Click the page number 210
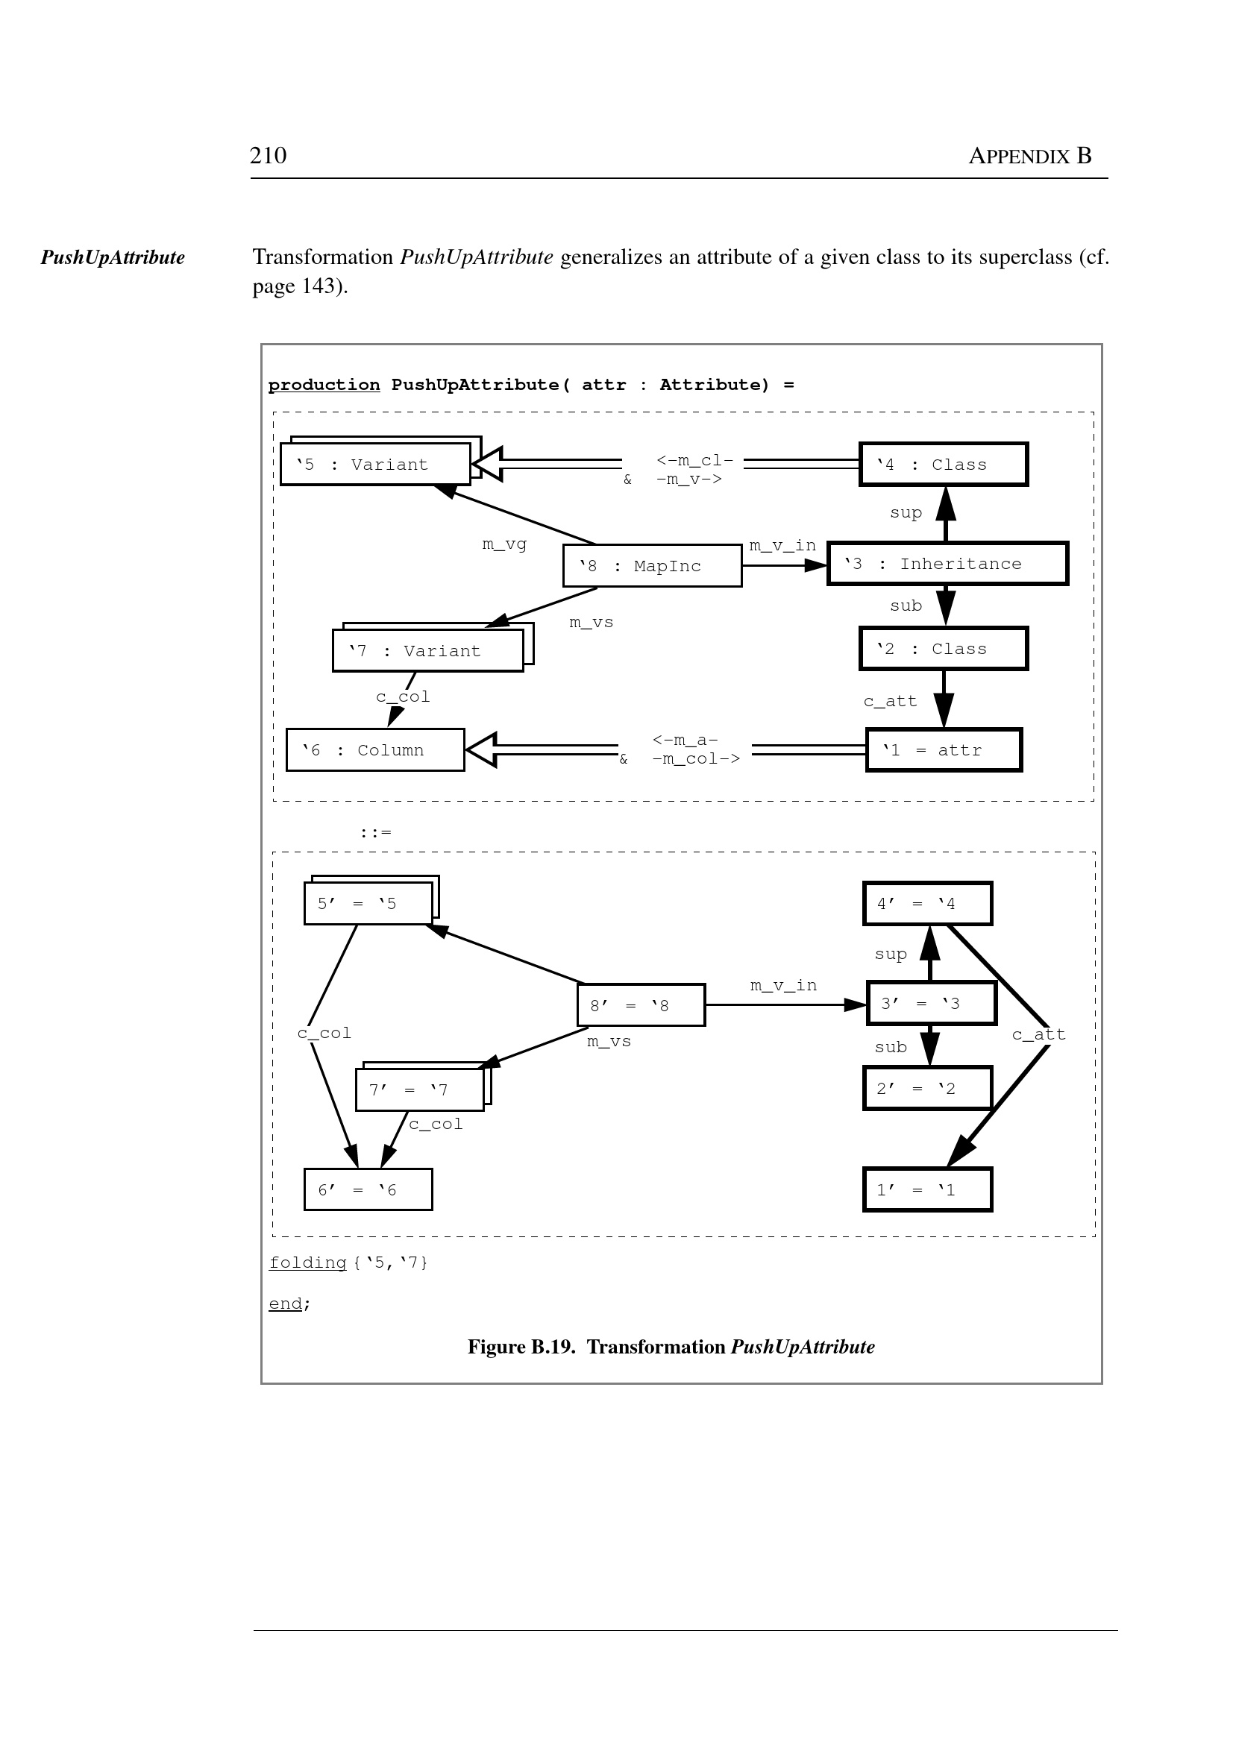[x=268, y=156]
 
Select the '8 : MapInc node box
[x=652, y=565]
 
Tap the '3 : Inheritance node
[x=947, y=564]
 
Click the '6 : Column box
[x=375, y=750]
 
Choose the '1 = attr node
[x=944, y=750]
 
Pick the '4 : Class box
[x=943, y=465]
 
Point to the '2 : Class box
[x=943, y=649]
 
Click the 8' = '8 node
[x=641, y=1005]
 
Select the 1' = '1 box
[x=927, y=1189]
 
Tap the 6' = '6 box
[x=368, y=1189]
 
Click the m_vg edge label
[x=504, y=544]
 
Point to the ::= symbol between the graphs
[x=376, y=833]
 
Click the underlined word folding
[x=307, y=1263]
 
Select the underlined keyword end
[x=286, y=1304]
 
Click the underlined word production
[x=324, y=385]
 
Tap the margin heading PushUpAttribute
[x=113, y=257]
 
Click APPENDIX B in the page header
[x=1029, y=156]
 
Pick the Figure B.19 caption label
[x=521, y=1347]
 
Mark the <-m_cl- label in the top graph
[x=694, y=460]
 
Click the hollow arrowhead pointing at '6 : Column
[x=482, y=750]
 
